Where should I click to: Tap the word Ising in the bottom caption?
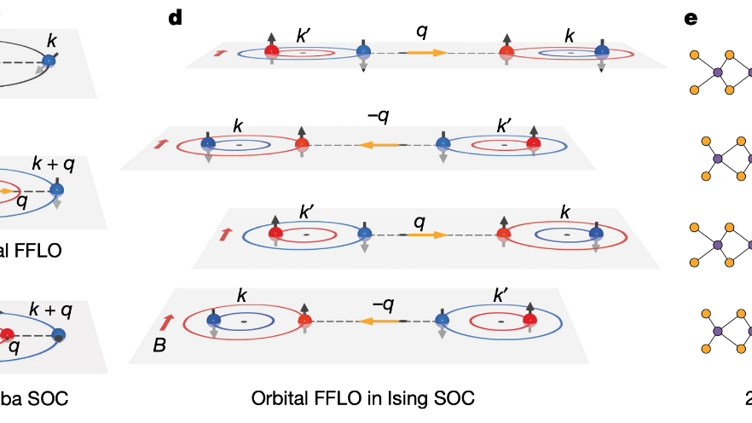point(408,398)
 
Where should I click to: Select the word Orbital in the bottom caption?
point(280,398)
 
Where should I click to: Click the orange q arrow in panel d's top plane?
point(424,53)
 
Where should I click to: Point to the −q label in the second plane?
point(379,119)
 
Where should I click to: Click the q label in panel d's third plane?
point(419,221)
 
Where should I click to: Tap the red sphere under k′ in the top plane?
point(272,51)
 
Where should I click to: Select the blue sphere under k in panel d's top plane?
point(602,51)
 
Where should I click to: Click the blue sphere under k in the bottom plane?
point(213,320)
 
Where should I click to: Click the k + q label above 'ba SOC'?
point(52,308)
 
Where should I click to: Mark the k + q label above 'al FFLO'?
point(52,162)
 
